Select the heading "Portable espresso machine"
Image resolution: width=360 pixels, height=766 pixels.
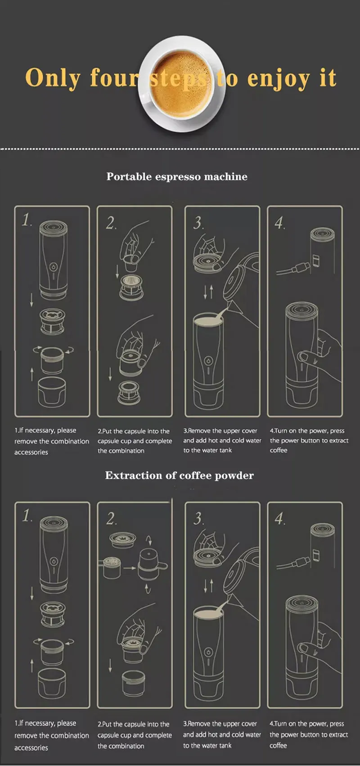click(177, 176)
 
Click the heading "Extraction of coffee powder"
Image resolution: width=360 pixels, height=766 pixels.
click(180, 475)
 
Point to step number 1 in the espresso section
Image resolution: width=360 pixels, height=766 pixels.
click(27, 220)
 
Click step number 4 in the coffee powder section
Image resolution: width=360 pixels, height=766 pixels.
click(279, 518)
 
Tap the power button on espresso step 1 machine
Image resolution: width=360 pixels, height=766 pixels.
click(54, 267)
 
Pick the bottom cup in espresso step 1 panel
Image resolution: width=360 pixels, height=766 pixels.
click(52, 392)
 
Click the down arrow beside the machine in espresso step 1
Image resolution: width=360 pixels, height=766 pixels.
click(31, 300)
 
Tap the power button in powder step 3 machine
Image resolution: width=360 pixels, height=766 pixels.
click(208, 652)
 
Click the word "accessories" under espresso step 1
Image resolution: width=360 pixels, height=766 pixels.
click(31, 452)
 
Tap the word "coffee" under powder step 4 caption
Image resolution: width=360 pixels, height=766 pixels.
click(278, 745)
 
